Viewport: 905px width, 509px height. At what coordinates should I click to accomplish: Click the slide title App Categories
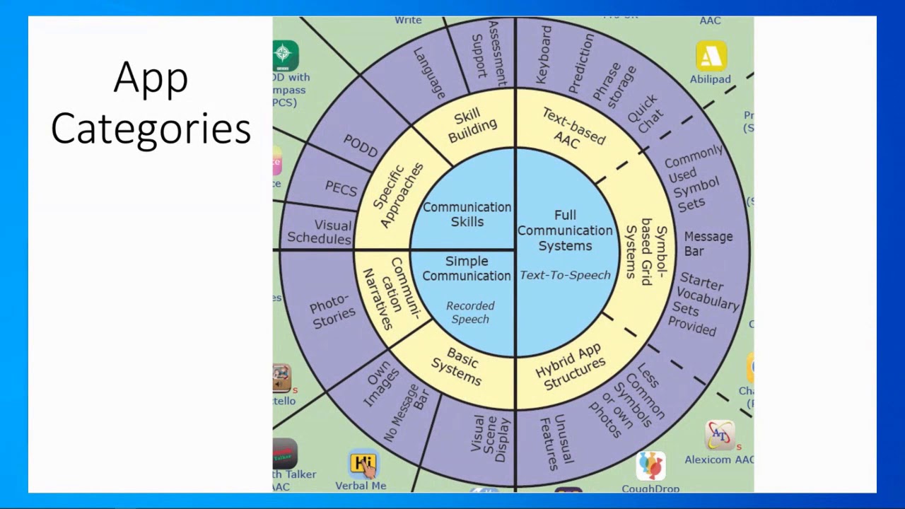click(x=151, y=103)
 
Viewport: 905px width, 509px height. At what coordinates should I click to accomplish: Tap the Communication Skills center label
click(x=467, y=214)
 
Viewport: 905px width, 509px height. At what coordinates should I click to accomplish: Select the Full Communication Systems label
click(x=564, y=230)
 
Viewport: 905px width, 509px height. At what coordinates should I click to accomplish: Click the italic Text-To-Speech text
click(x=565, y=275)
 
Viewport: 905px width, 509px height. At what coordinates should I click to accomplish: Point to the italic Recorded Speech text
click(x=470, y=312)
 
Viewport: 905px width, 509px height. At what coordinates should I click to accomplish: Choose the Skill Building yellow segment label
click(x=474, y=125)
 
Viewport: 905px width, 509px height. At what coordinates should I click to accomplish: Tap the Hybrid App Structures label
click(x=570, y=368)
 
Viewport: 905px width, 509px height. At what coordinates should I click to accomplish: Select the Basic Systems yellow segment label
click(x=457, y=365)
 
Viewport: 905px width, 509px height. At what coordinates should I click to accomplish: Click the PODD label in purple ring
click(x=361, y=145)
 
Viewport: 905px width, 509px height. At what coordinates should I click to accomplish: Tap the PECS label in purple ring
click(x=341, y=189)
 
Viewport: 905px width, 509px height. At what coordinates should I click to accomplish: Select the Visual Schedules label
click(x=320, y=232)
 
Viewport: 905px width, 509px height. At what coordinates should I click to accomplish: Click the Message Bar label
click(x=708, y=244)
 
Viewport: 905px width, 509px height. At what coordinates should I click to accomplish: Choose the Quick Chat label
click(x=646, y=113)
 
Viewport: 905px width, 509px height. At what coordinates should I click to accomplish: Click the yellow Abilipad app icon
click(x=711, y=57)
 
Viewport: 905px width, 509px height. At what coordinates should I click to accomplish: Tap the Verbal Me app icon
click(x=363, y=464)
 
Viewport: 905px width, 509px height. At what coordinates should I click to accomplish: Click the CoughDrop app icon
click(x=650, y=466)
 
